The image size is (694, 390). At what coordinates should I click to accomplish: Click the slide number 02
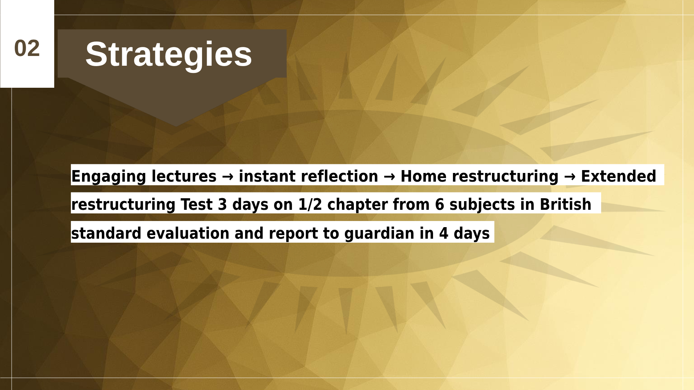(x=27, y=48)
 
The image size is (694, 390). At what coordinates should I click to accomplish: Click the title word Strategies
(x=168, y=54)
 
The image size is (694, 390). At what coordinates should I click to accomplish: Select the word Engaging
(x=109, y=177)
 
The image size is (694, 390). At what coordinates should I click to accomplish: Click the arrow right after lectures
(x=228, y=177)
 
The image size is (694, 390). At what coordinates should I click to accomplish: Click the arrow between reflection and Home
(x=389, y=177)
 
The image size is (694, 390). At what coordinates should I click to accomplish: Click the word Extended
(x=618, y=176)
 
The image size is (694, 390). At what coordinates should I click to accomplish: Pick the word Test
(x=196, y=204)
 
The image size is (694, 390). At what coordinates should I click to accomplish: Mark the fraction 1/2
(x=310, y=205)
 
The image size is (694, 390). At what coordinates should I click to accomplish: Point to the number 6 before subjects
(x=439, y=205)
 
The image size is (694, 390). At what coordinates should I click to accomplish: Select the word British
(x=565, y=204)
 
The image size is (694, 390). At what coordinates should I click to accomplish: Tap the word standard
(x=106, y=233)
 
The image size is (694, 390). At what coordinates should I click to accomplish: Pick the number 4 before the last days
(x=444, y=233)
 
